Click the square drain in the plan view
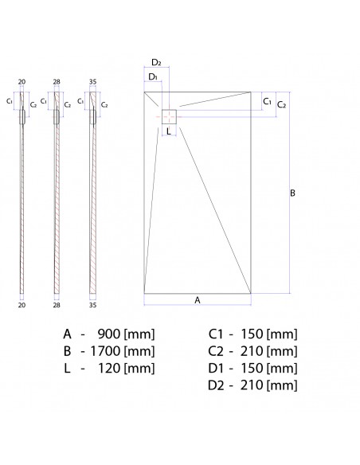point(169,115)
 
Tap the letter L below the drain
point(170,132)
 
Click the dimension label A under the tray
point(197,299)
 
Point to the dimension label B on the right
point(292,193)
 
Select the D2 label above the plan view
point(156,63)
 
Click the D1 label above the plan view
point(152,76)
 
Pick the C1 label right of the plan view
point(268,102)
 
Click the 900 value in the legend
point(108,333)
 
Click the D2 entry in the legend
point(217,385)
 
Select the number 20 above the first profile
point(21,82)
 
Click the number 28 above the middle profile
point(56,82)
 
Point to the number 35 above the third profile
point(92,82)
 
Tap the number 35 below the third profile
point(92,304)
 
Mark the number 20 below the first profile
point(21,304)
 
